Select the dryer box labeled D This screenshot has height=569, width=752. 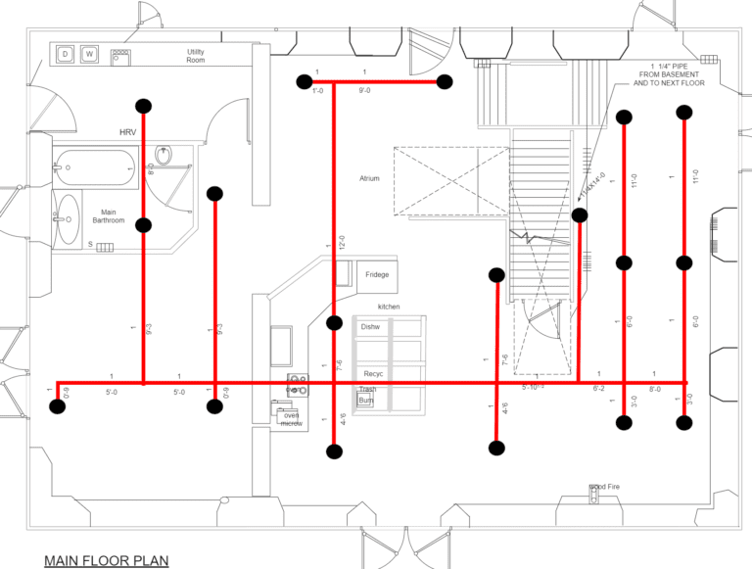[x=66, y=54]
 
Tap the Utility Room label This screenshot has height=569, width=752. [x=196, y=56]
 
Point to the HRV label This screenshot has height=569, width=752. [x=128, y=132]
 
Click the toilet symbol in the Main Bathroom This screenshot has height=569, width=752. [x=164, y=156]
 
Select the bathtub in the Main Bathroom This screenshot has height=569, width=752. [x=95, y=167]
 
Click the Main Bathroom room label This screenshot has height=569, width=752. [x=109, y=216]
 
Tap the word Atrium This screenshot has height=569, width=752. [x=369, y=179]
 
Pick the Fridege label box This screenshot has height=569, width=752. [x=377, y=274]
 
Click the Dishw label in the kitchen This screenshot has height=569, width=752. [x=370, y=326]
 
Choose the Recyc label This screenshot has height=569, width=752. [x=373, y=374]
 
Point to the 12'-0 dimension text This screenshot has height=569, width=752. [x=342, y=244]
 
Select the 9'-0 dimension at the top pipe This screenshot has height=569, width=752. [x=365, y=91]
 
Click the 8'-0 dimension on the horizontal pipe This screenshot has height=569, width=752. [x=654, y=389]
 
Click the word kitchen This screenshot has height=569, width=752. [x=389, y=307]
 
